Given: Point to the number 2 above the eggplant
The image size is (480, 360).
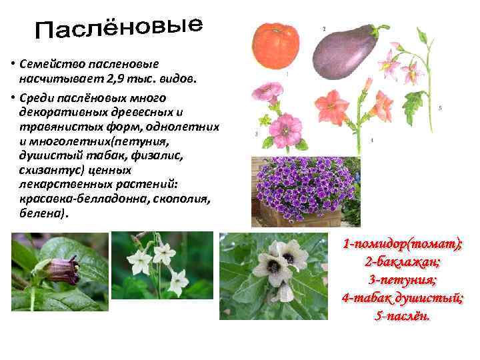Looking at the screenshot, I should point(324,29).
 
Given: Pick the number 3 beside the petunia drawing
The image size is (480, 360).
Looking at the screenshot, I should point(257,134).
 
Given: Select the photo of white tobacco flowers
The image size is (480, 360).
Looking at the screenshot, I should point(162,265).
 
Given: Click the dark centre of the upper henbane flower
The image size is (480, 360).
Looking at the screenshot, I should point(288,257).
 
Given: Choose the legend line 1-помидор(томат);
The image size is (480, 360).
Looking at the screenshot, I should point(402,244).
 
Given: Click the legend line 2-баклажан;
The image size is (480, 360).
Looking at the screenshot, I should point(402,261).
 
